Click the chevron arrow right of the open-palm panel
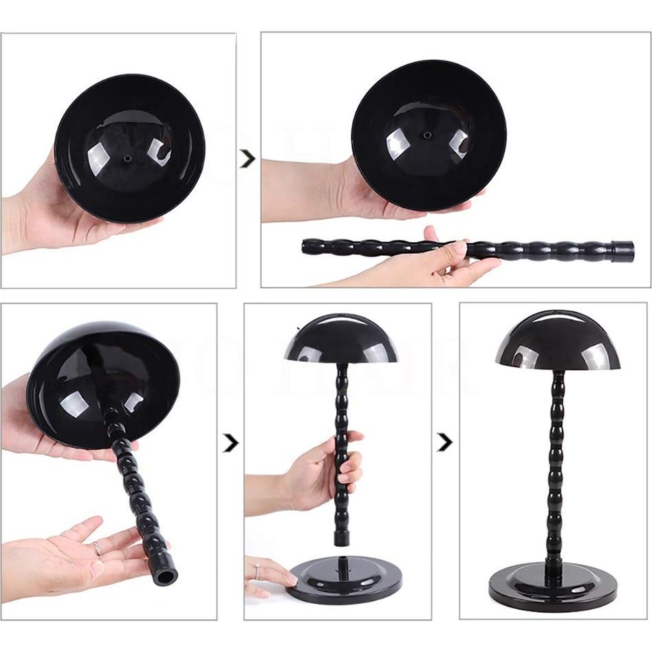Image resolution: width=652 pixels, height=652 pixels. (x=230, y=444)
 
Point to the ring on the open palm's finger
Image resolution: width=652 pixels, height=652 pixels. (x=97, y=548)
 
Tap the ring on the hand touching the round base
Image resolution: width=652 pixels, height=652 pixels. (x=257, y=572)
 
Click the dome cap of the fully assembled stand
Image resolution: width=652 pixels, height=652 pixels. (x=557, y=341)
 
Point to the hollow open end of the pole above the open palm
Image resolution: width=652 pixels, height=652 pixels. (x=165, y=575)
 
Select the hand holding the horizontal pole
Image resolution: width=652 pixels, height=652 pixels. (x=440, y=258)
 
